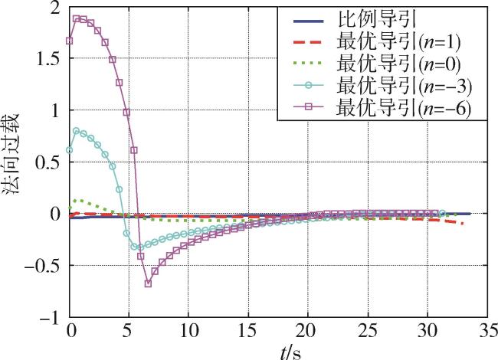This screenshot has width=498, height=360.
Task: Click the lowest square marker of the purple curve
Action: pos(148,283)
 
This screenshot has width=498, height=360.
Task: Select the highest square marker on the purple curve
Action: pos(76,18)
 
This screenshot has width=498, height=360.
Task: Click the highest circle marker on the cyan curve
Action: pos(76,131)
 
